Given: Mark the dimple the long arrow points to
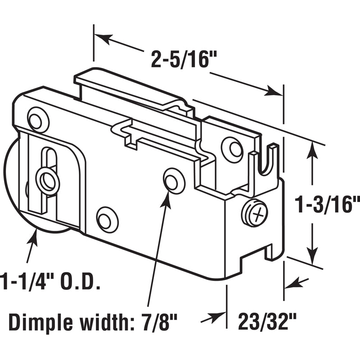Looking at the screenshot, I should pyautogui.click(x=174, y=180).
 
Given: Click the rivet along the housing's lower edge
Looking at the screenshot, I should pyautogui.click(x=108, y=220).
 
